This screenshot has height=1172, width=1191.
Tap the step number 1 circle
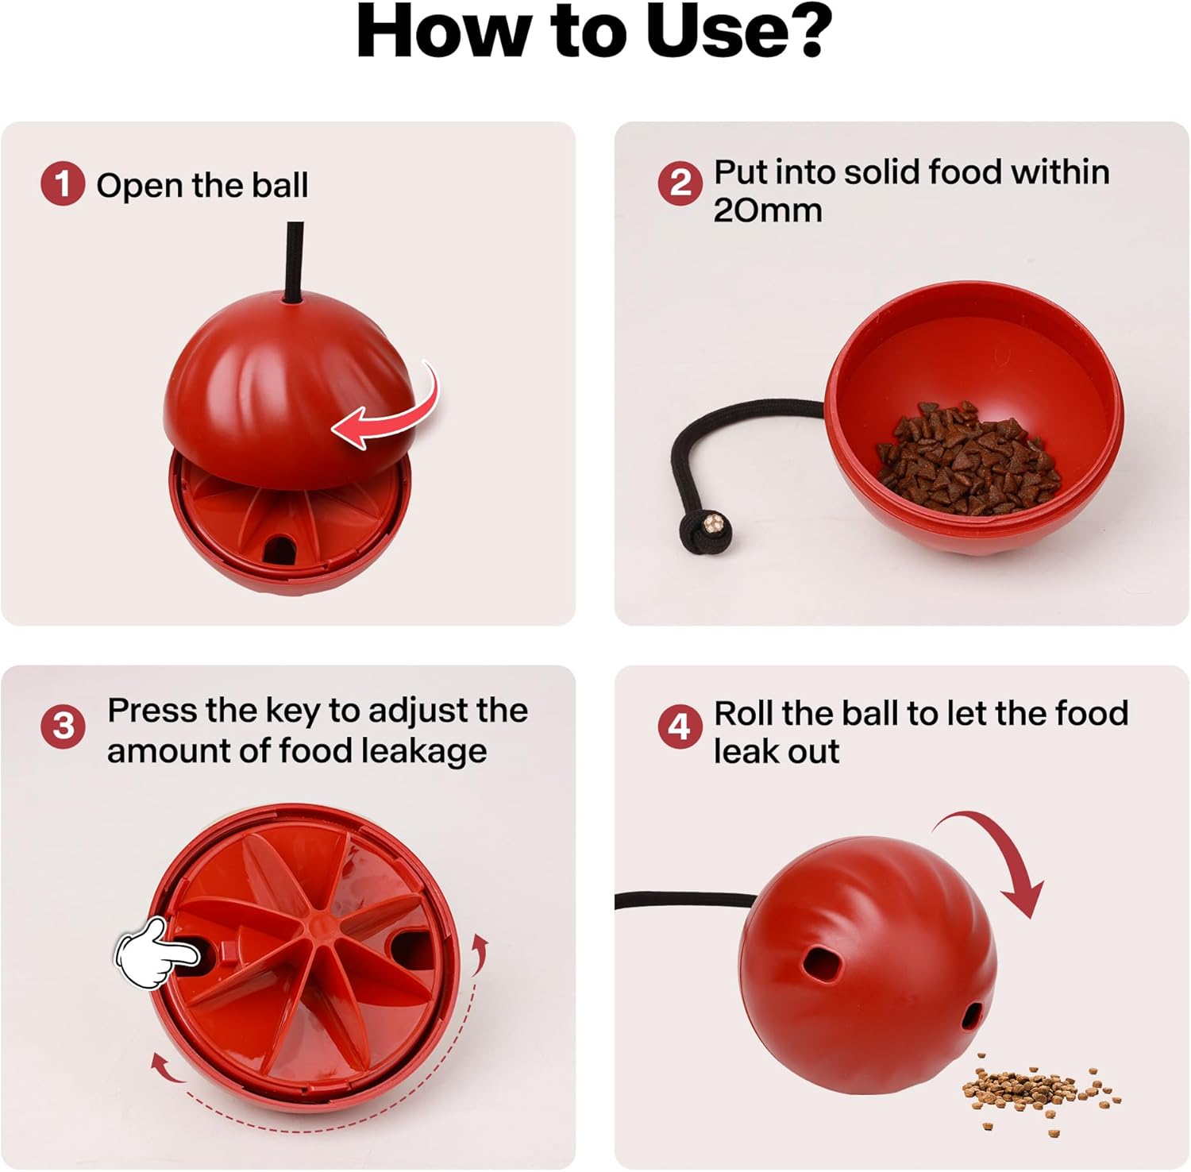(63, 183)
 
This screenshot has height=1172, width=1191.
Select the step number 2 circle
(680, 183)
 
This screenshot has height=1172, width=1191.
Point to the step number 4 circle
(680, 727)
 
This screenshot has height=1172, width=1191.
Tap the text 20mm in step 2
(767, 211)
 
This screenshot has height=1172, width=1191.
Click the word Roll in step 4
(743, 713)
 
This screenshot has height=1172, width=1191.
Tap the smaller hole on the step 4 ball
(973, 1016)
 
